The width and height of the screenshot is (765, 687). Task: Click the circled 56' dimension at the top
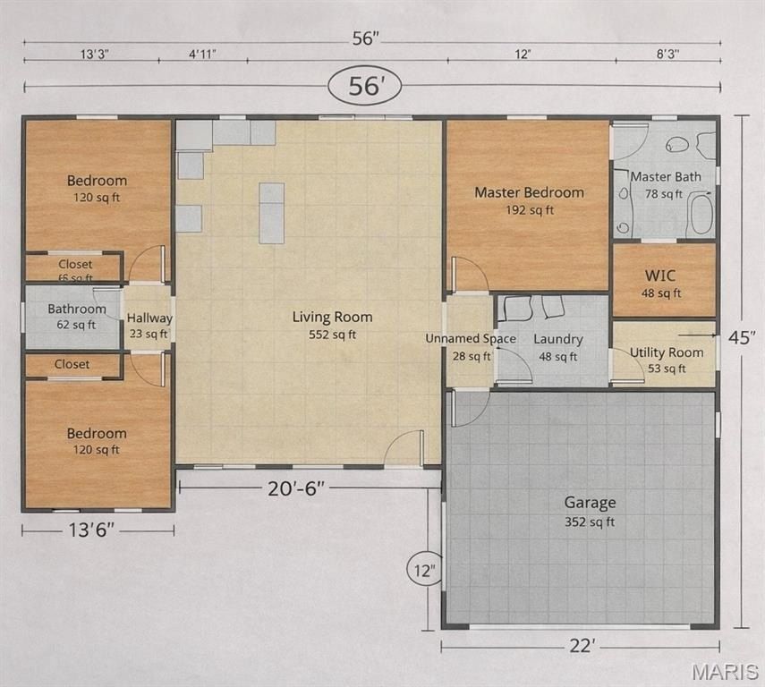click(x=364, y=87)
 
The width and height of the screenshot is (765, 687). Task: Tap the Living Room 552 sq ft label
click(x=332, y=326)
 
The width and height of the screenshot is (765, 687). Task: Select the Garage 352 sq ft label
click(x=589, y=511)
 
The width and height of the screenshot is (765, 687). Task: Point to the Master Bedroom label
click(x=529, y=200)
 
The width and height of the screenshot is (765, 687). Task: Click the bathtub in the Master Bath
click(x=700, y=216)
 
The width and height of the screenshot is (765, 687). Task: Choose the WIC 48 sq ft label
click(x=663, y=284)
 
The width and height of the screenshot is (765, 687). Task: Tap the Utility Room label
click(x=666, y=360)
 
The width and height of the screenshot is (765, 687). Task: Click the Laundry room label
click(x=557, y=347)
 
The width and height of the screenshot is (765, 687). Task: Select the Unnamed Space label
click(x=470, y=346)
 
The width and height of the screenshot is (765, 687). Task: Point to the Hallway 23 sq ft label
click(x=149, y=326)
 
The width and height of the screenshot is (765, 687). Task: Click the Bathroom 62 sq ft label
click(x=77, y=316)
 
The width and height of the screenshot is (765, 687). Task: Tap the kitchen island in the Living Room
click(x=272, y=213)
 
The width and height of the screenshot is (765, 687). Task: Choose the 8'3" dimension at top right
click(x=667, y=55)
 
